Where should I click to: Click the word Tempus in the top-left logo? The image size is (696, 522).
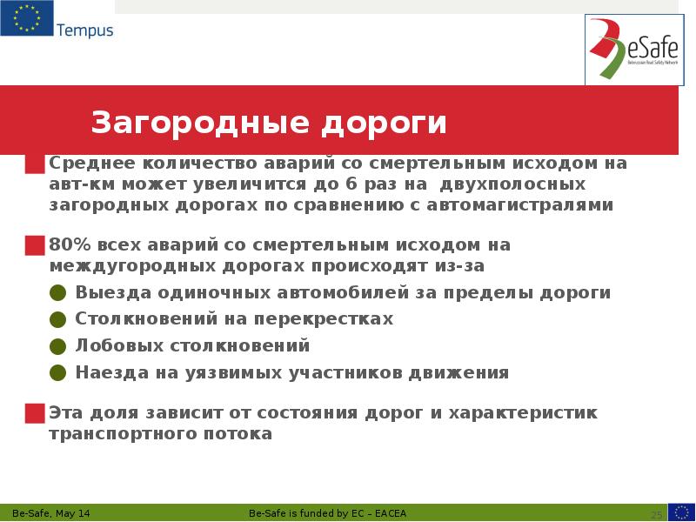(84, 31)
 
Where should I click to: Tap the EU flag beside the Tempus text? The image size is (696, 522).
(26, 19)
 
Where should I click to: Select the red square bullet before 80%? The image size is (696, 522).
(35, 245)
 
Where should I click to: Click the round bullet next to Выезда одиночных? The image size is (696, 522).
(57, 293)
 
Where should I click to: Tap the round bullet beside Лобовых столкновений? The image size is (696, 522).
(57, 346)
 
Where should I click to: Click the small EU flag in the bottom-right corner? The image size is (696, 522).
(681, 512)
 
